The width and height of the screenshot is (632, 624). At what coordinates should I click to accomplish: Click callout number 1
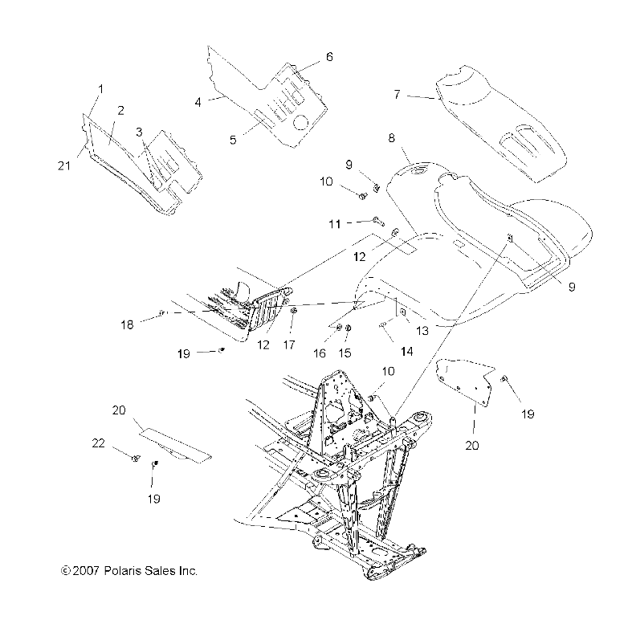click(101, 88)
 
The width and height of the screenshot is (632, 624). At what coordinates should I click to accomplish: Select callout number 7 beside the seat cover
click(397, 94)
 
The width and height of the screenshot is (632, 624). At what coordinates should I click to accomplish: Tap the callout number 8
click(391, 138)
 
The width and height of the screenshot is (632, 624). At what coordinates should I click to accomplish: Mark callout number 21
click(66, 165)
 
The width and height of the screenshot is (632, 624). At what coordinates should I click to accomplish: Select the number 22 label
click(98, 443)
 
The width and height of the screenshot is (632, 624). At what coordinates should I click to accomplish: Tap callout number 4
click(198, 102)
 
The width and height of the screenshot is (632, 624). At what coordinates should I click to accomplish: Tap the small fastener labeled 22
click(136, 459)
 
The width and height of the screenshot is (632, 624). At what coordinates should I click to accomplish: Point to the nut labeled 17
click(294, 309)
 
